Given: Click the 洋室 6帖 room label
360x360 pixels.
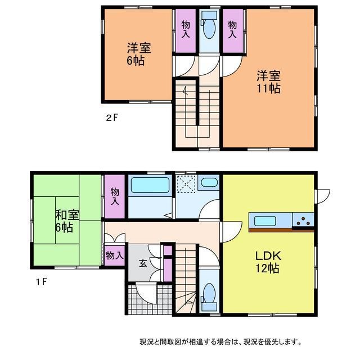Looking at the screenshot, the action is (139, 54).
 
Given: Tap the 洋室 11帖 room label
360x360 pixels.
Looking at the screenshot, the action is (268, 82).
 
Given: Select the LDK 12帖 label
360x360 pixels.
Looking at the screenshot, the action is (268, 262).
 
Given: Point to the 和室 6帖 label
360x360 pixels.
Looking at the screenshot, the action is (67, 221).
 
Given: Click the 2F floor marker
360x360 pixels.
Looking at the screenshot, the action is (112, 118).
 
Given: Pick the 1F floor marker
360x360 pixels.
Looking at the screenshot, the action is (41, 281).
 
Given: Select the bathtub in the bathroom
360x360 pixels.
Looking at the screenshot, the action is (150, 185).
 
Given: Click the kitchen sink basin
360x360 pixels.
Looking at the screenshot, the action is (265, 221).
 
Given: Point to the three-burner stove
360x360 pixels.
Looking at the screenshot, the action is (303, 220).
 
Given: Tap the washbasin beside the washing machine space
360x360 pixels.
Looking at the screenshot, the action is (209, 182).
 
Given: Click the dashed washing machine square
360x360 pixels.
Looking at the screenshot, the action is (186, 184).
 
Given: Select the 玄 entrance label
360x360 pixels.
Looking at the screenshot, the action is (143, 263).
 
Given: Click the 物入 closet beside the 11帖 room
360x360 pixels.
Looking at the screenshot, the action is (232, 31).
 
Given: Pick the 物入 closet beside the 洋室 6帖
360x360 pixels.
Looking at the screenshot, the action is (186, 31).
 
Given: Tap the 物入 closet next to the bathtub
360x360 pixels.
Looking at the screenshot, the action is (115, 196).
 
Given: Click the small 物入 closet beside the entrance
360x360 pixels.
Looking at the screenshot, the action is (115, 255).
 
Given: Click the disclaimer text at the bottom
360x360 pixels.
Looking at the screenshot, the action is (220, 341).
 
